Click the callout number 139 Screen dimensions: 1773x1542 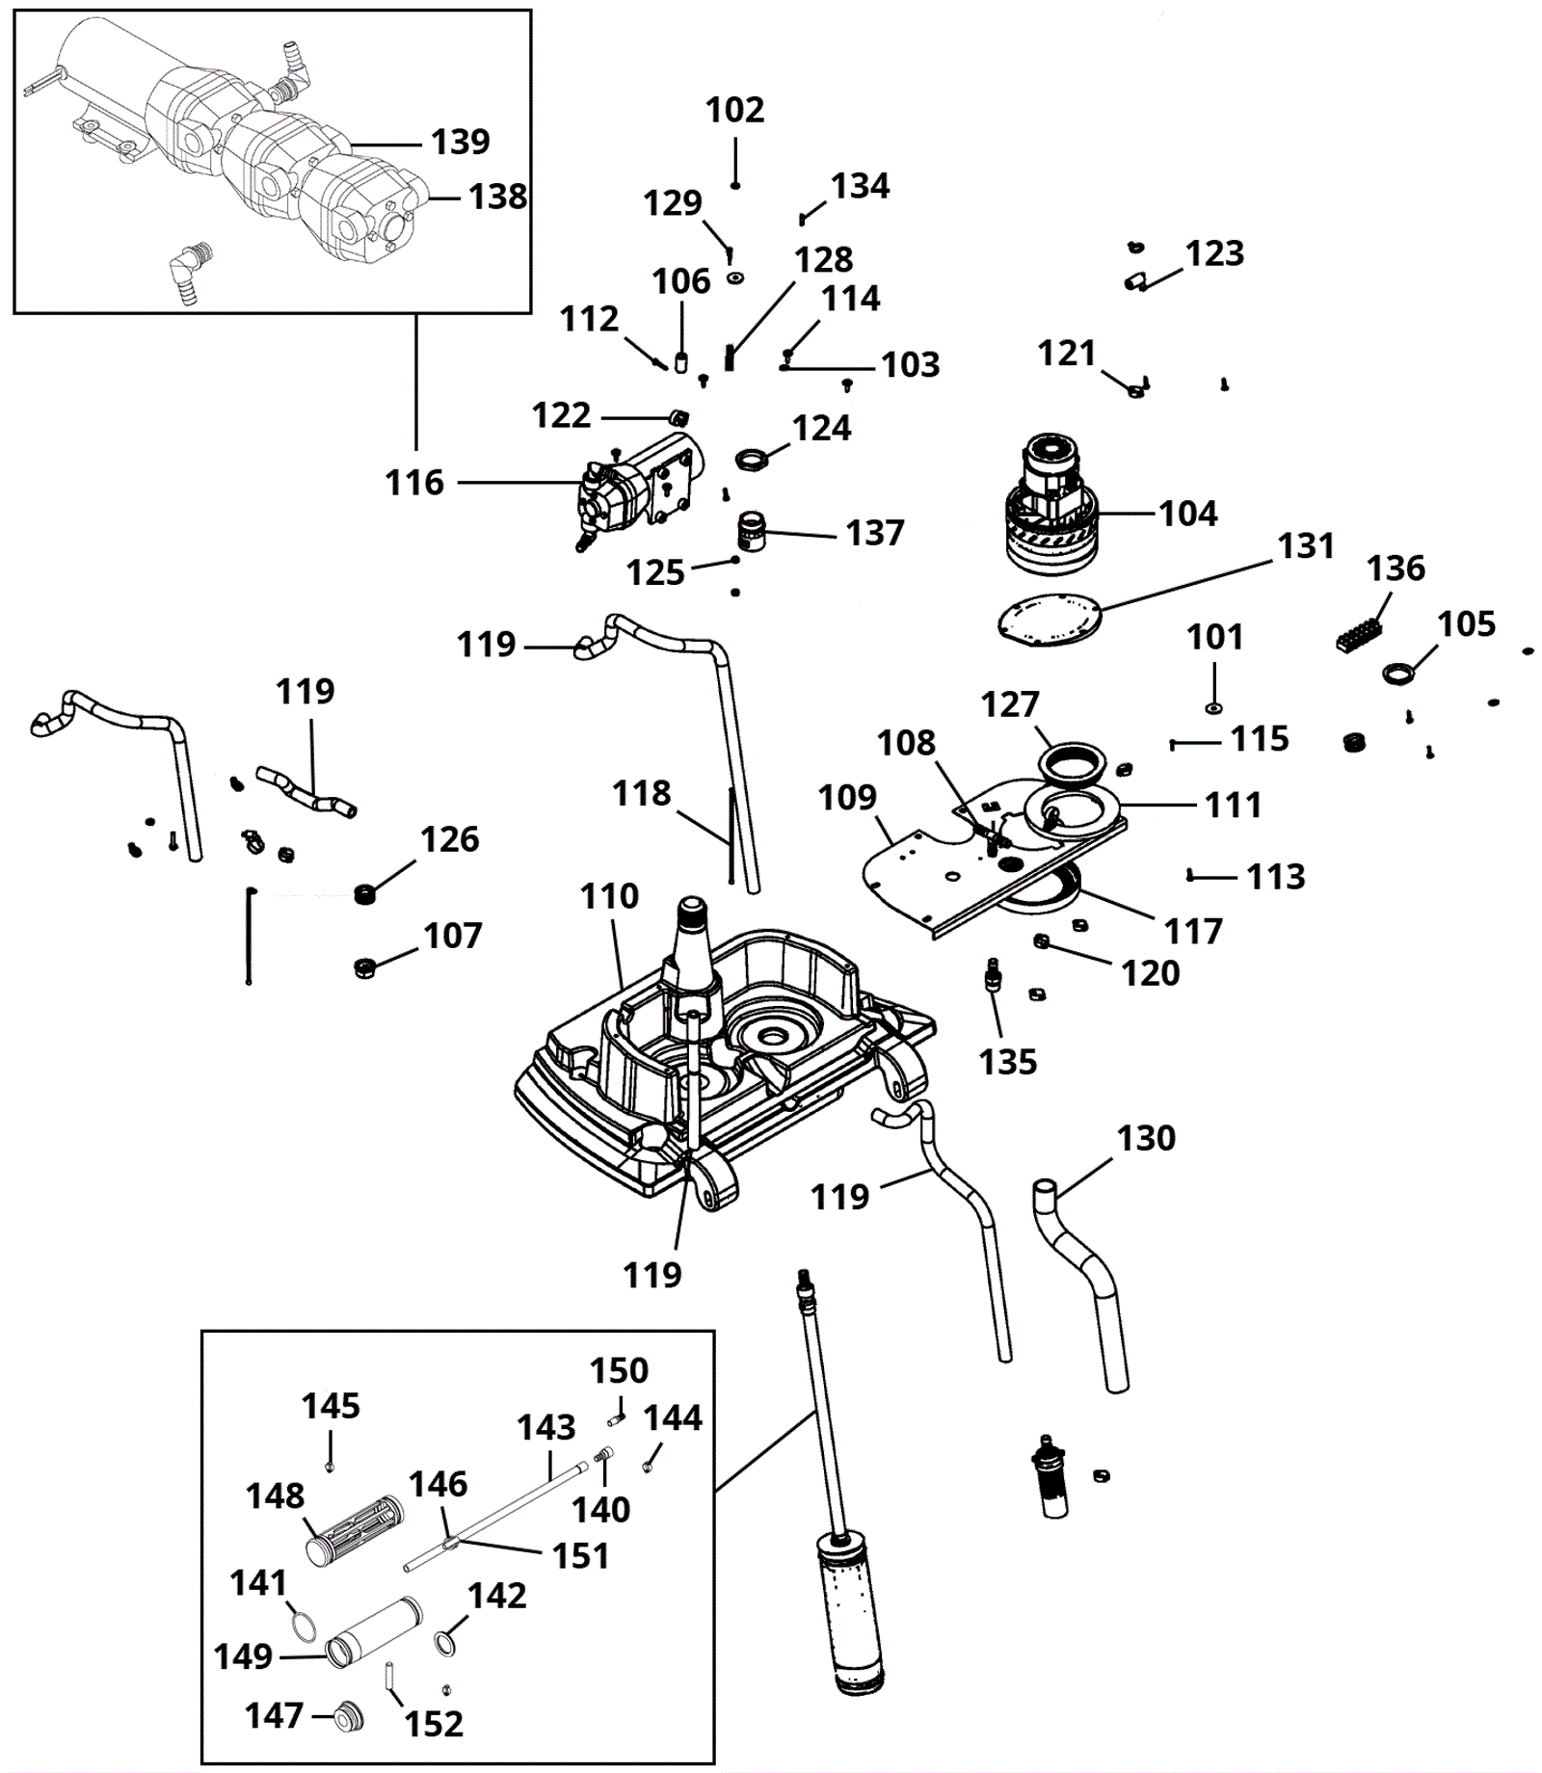460,142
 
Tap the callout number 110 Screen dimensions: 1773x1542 609,896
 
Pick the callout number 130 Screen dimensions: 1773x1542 1146,1138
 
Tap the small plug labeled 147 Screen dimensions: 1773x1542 345,1716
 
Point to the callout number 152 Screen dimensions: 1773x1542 434,1724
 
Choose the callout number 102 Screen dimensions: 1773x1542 734,110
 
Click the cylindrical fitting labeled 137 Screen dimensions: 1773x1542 751,530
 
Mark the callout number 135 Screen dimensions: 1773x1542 1007,1062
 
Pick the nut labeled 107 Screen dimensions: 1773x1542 364,966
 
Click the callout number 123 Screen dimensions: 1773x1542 1214,253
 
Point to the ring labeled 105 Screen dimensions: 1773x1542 1396,673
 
